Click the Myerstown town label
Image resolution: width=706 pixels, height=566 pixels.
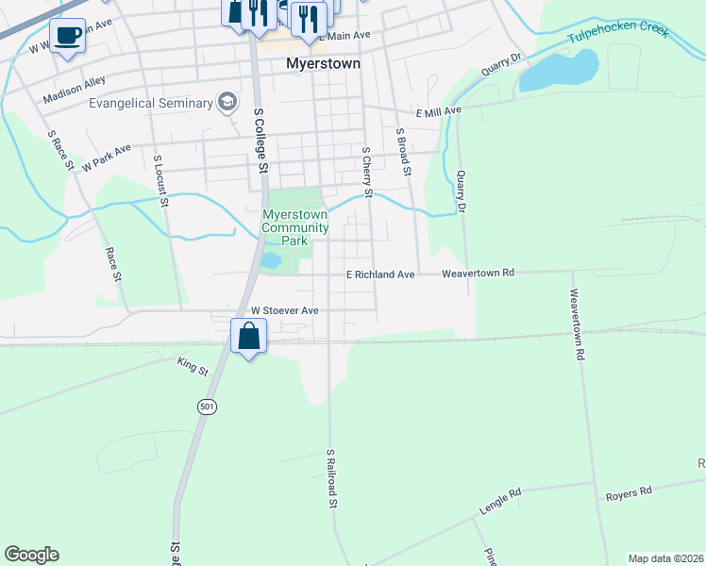pyautogui.click(x=324, y=65)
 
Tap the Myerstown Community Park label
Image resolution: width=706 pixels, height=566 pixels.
pyautogui.click(x=295, y=227)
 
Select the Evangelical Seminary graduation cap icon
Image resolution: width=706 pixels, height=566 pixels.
pyautogui.click(x=227, y=101)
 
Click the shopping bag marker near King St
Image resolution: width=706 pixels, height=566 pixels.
pyautogui.click(x=248, y=336)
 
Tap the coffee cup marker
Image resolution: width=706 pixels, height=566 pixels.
pyautogui.click(x=67, y=36)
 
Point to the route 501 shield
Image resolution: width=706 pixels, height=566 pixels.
pyautogui.click(x=206, y=407)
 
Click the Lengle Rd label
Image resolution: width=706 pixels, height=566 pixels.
pyautogui.click(x=500, y=500)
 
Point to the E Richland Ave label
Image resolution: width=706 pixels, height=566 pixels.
pyautogui.click(x=380, y=275)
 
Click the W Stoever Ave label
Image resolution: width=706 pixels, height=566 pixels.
pyautogui.click(x=284, y=310)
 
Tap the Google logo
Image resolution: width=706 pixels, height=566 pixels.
pyautogui.click(x=31, y=555)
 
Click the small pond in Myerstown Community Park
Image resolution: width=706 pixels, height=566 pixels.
pyautogui.click(x=271, y=259)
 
